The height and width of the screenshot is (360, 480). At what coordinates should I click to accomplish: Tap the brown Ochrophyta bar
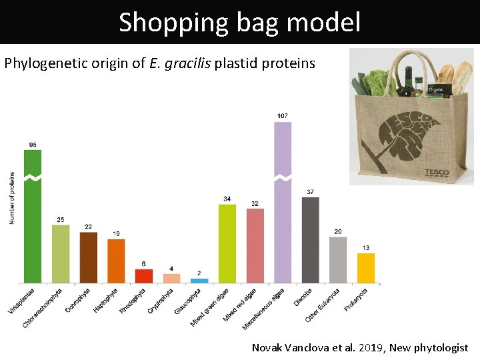coord(89,257)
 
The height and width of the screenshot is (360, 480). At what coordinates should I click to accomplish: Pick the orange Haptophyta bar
coord(116,261)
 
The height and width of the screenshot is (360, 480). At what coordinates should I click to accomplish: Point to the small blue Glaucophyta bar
coord(199,281)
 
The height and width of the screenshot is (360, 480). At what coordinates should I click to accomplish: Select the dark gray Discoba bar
coord(311,240)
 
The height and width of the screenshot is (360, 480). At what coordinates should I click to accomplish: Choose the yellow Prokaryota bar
coord(366,268)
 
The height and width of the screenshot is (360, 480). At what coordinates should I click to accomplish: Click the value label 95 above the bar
coord(33,145)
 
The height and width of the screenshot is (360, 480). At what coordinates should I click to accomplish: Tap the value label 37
coord(311,192)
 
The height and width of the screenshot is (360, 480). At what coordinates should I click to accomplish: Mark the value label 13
coord(366,248)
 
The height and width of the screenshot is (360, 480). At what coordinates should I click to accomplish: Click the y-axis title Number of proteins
coord(12,198)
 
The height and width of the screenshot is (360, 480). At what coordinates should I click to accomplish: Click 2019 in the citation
coord(372,347)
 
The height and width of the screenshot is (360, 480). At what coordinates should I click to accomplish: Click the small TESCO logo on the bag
coord(437,172)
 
